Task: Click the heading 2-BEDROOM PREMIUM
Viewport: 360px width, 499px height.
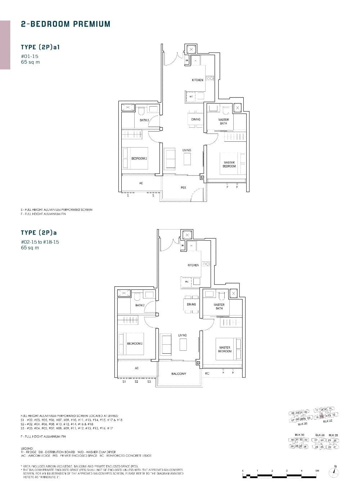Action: tap(66, 24)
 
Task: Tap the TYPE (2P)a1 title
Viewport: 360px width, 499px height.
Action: tap(40, 47)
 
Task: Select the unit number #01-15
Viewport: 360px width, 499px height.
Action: tap(30, 56)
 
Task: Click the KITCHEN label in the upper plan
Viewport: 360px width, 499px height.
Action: tap(197, 80)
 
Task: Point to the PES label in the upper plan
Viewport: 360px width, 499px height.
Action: tap(183, 188)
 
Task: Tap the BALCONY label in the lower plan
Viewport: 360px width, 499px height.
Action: tap(179, 374)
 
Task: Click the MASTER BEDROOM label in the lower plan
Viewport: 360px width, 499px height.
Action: tap(225, 349)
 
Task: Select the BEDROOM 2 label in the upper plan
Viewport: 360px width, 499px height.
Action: tap(139, 158)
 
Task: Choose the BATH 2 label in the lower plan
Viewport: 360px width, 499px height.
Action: tap(140, 305)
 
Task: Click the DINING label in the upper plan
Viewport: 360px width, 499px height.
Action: tap(195, 119)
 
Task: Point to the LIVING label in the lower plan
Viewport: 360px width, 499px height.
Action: tap(183, 335)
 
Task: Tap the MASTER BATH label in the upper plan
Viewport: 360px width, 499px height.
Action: tap(223, 121)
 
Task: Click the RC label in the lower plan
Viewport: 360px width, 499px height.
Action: tap(207, 374)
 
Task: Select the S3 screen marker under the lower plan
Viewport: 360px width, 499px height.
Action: tap(149, 382)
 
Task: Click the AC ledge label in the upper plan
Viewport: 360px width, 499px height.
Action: tap(141, 183)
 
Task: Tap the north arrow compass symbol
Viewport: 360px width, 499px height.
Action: tap(335, 472)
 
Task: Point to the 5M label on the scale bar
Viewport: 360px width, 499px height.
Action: tap(317, 471)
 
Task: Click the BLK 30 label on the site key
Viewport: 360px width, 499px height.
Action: tap(300, 435)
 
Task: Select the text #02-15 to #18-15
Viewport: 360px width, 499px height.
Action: tap(40, 242)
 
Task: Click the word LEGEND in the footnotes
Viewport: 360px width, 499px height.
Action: tap(27, 448)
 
